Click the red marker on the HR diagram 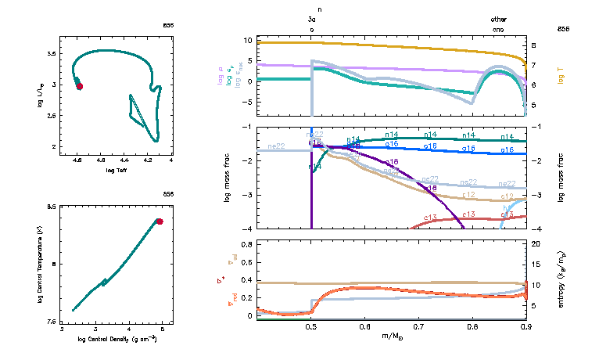[x=79, y=86]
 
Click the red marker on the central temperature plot [x=160, y=221]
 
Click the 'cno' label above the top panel [x=498, y=29]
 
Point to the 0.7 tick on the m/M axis [x=418, y=326]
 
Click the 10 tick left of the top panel [x=249, y=39]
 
